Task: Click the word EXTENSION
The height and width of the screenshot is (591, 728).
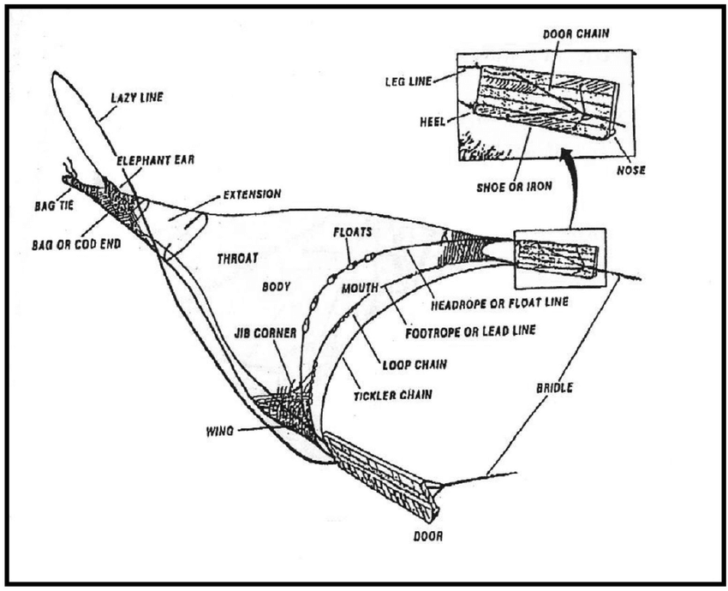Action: [252, 194]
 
